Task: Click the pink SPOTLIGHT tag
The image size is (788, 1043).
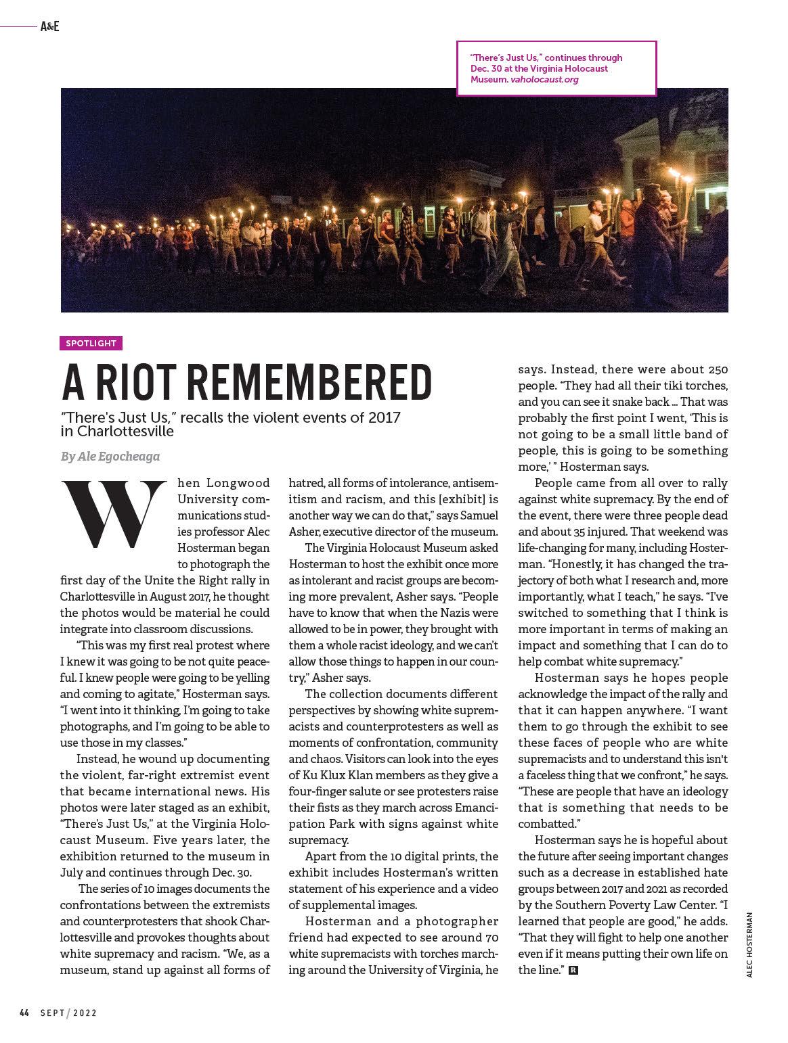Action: click(91, 343)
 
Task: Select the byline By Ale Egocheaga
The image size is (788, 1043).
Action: click(110, 457)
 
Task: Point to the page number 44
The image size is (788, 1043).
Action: click(24, 1013)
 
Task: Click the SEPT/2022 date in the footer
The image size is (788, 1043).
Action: click(68, 1013)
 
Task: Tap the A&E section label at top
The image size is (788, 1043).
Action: click(49, 27)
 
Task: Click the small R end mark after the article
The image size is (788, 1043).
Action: click(574, 971)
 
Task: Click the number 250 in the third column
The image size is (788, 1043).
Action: click(716, 370)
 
